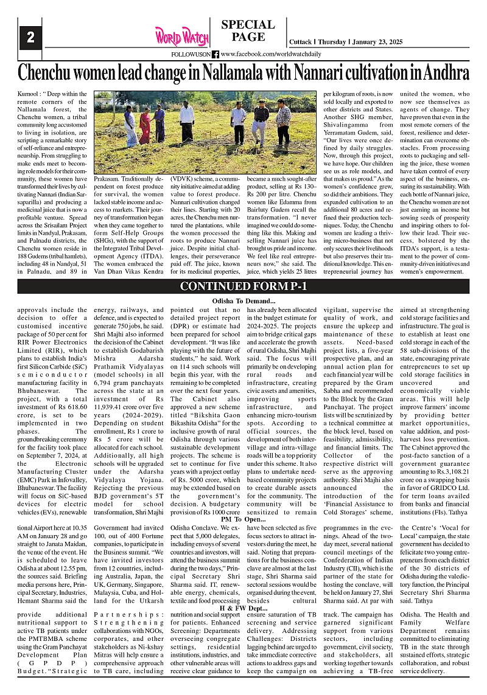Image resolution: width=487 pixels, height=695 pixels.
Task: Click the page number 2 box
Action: tap(30, 37)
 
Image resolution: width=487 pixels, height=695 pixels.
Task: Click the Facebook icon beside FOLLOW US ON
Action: tap(215, 55)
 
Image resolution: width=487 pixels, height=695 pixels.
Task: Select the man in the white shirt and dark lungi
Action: tap(187, 122)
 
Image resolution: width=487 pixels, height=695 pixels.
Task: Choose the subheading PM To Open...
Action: tap(243, 518)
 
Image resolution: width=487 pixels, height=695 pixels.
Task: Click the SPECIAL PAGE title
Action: tap(248, 31)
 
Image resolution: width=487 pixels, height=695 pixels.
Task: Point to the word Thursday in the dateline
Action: tap(332, 43)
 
